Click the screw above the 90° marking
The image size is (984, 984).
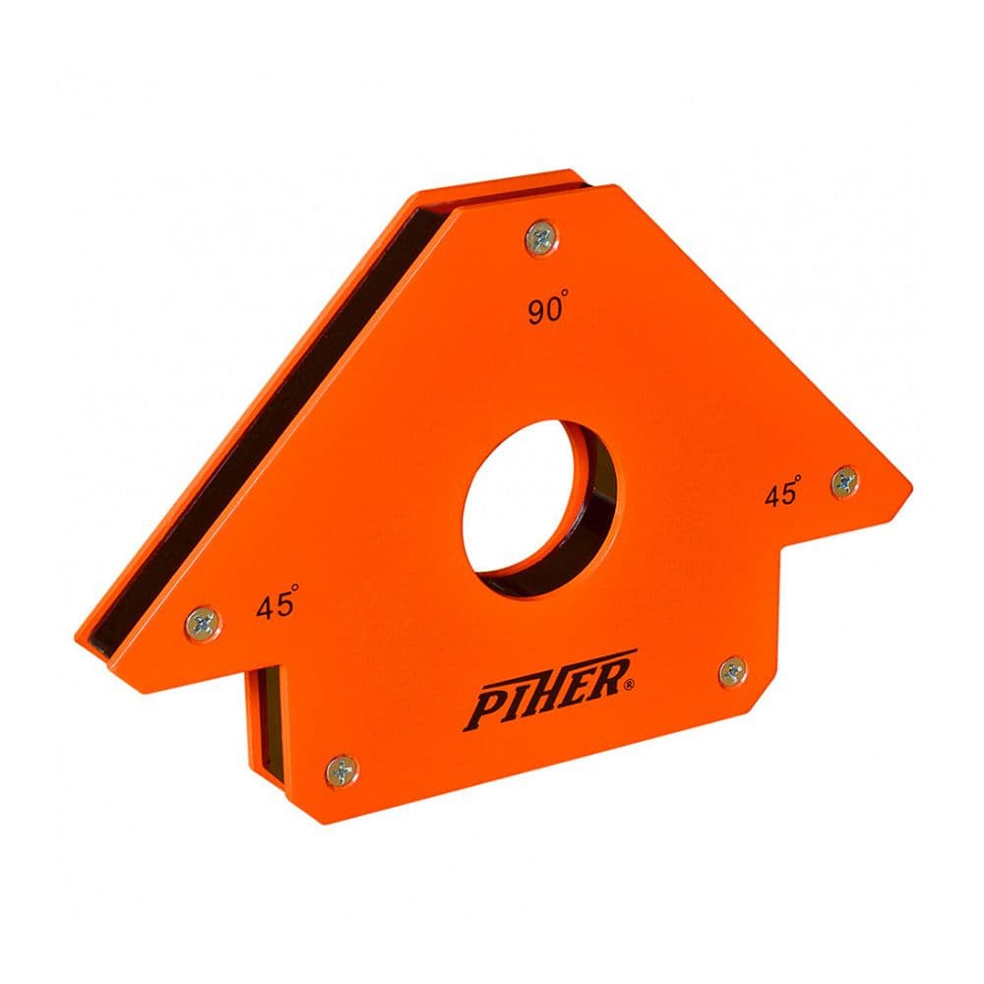click(x=542, y=236)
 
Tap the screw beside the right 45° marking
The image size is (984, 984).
click(x=844, y=481)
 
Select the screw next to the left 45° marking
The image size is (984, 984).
click(x=204, y=621)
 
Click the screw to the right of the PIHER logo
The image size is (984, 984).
click(x=732, y=672)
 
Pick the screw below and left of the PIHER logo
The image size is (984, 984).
click(x=341, y=769)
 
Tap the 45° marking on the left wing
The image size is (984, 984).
click(x=277, y=605)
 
